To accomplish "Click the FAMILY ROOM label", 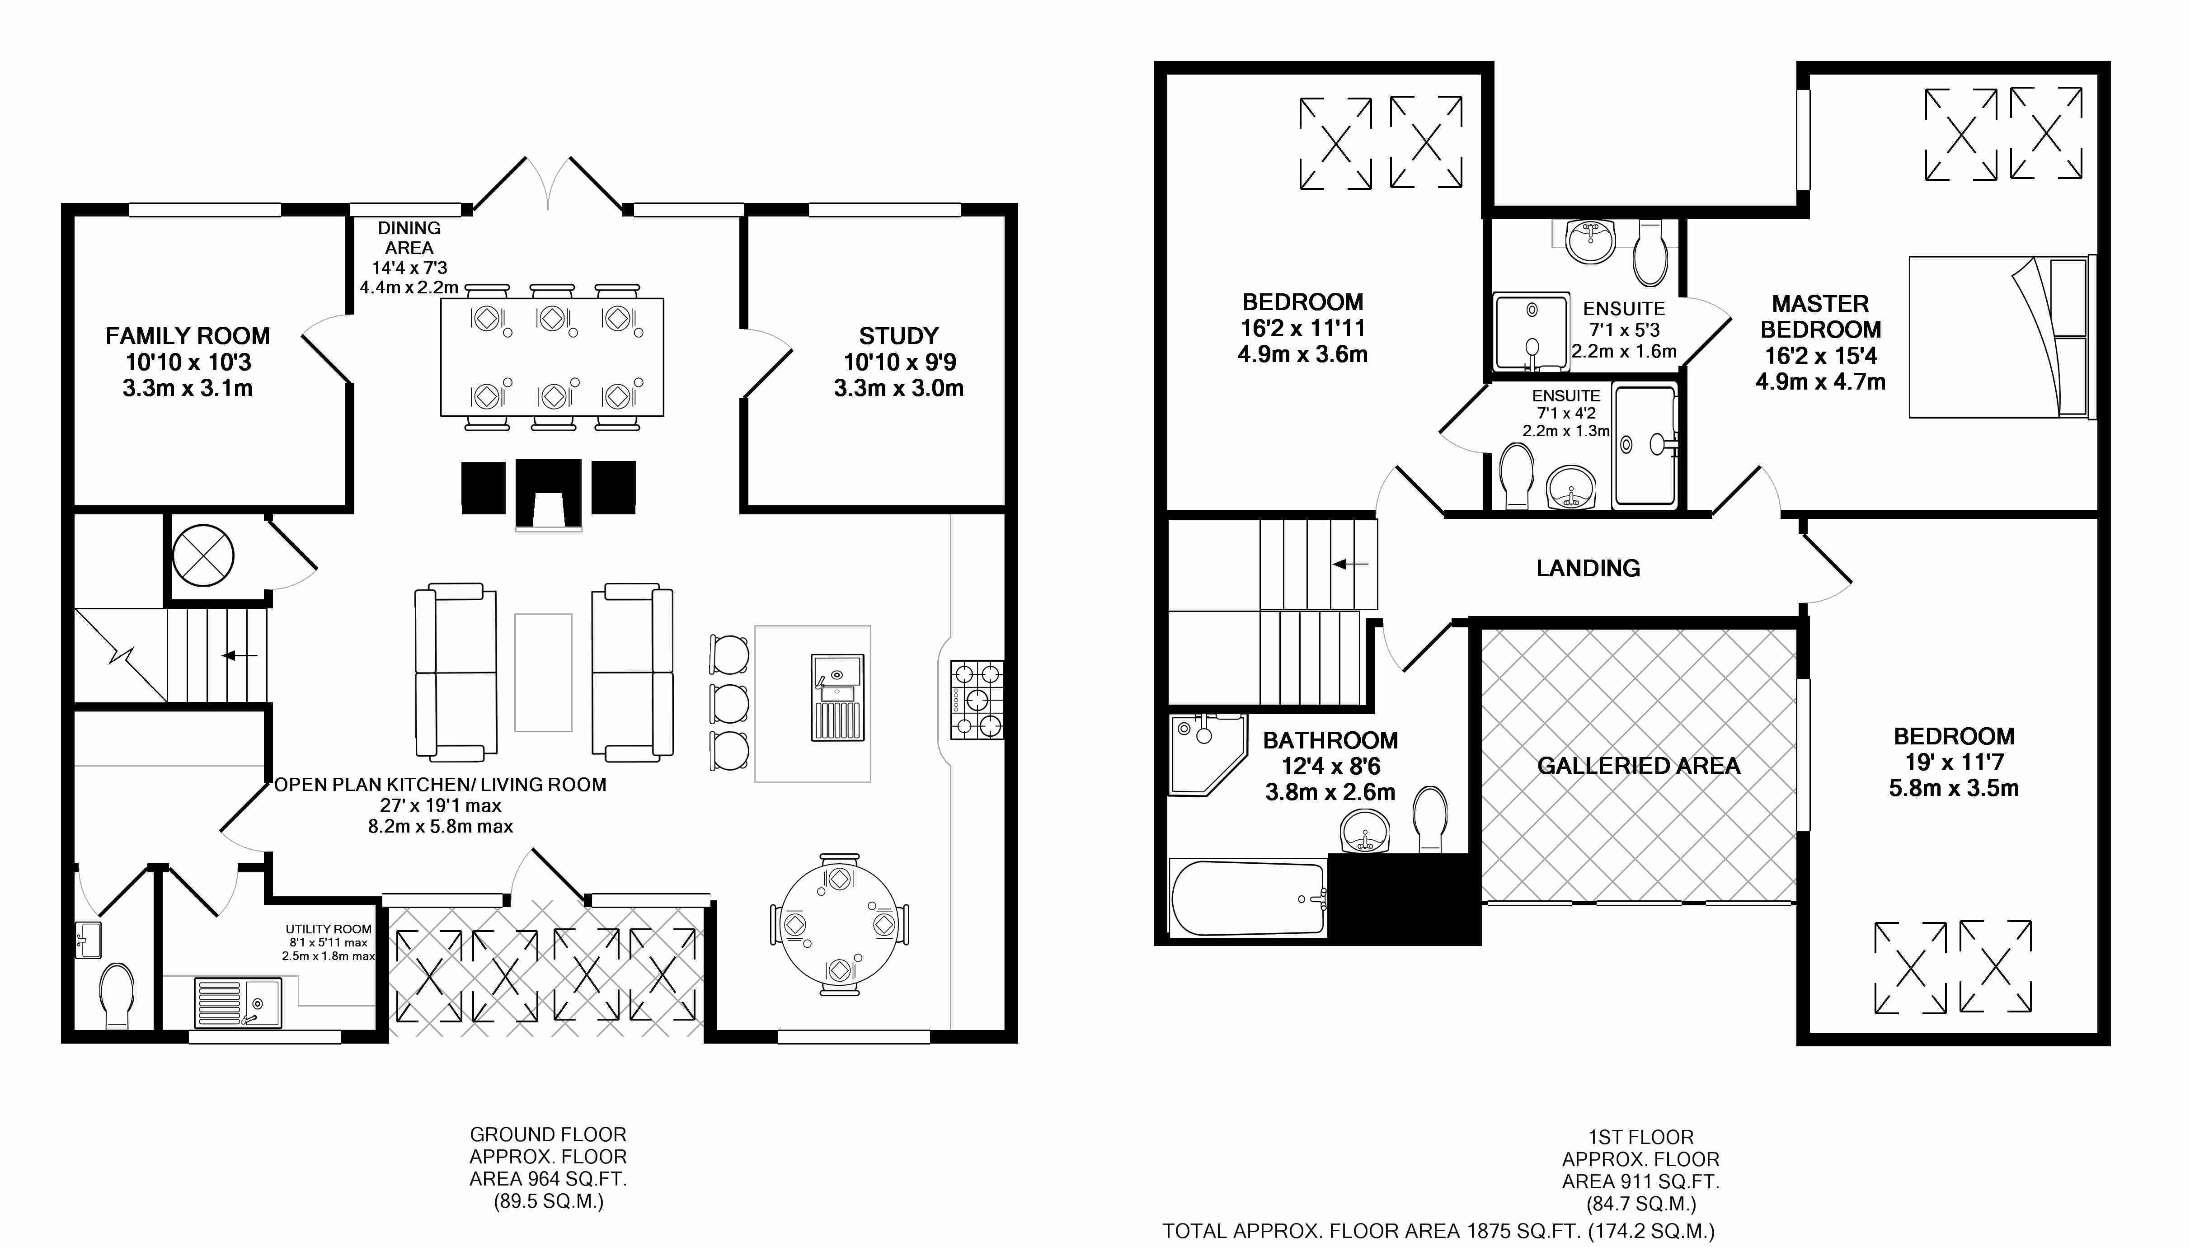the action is point(188,336).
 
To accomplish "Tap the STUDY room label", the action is point(899,336).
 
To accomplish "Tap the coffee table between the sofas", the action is point(543,673).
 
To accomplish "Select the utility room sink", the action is point(238,1002).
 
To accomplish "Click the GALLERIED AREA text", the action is point(1639,766).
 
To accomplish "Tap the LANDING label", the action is point(1588,568).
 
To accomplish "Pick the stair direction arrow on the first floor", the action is point(1351,565).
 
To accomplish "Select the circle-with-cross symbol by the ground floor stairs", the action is point(203,555).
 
